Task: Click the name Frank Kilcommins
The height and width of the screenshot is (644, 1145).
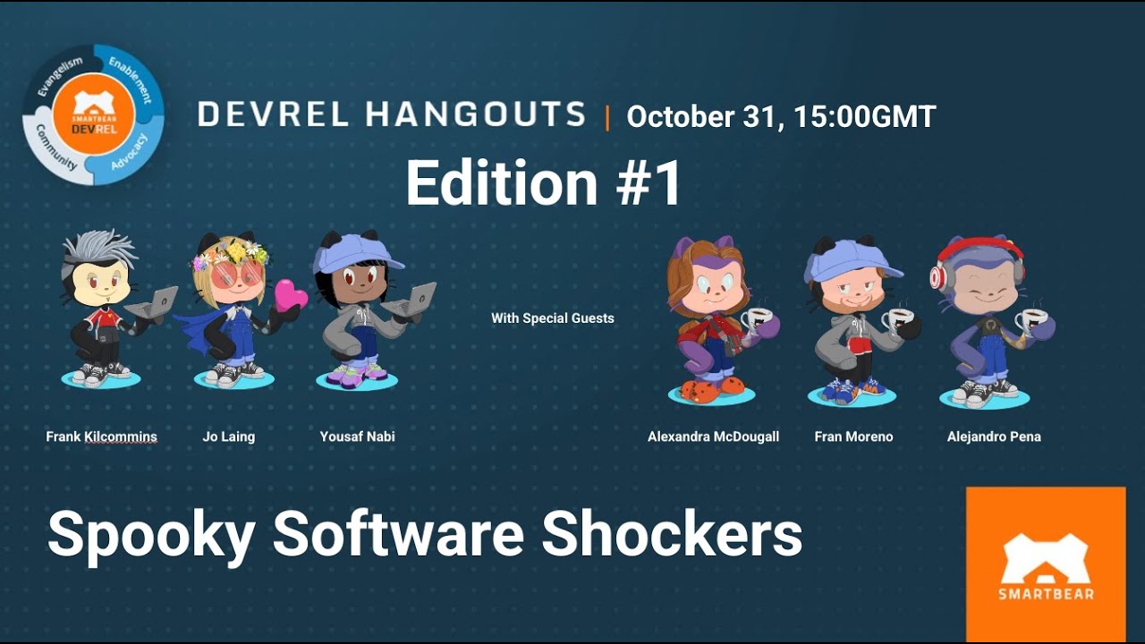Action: pos(101,437)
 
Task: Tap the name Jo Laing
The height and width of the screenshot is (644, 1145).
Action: pos(228,437)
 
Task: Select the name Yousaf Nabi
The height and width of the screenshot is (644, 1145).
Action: pos(357,437)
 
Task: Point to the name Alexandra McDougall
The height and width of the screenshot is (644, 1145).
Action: pos(713,437)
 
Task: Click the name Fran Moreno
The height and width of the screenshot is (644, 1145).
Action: pos(853,437)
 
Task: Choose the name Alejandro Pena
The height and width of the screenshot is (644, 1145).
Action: pos(993,437)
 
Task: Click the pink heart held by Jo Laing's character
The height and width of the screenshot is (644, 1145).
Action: pos(289,295)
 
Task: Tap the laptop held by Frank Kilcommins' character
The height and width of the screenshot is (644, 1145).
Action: pos(152,304)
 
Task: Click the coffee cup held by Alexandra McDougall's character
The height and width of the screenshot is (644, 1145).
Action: pos(757,319)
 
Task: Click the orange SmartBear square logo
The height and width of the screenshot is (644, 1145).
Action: pos(1046,563)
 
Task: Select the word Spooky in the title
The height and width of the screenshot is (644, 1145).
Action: pos(149,534)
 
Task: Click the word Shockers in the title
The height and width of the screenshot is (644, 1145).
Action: pos(672,534)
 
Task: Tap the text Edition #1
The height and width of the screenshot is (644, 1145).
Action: pos(543,183)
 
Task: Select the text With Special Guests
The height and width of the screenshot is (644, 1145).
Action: pos(552,318)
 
